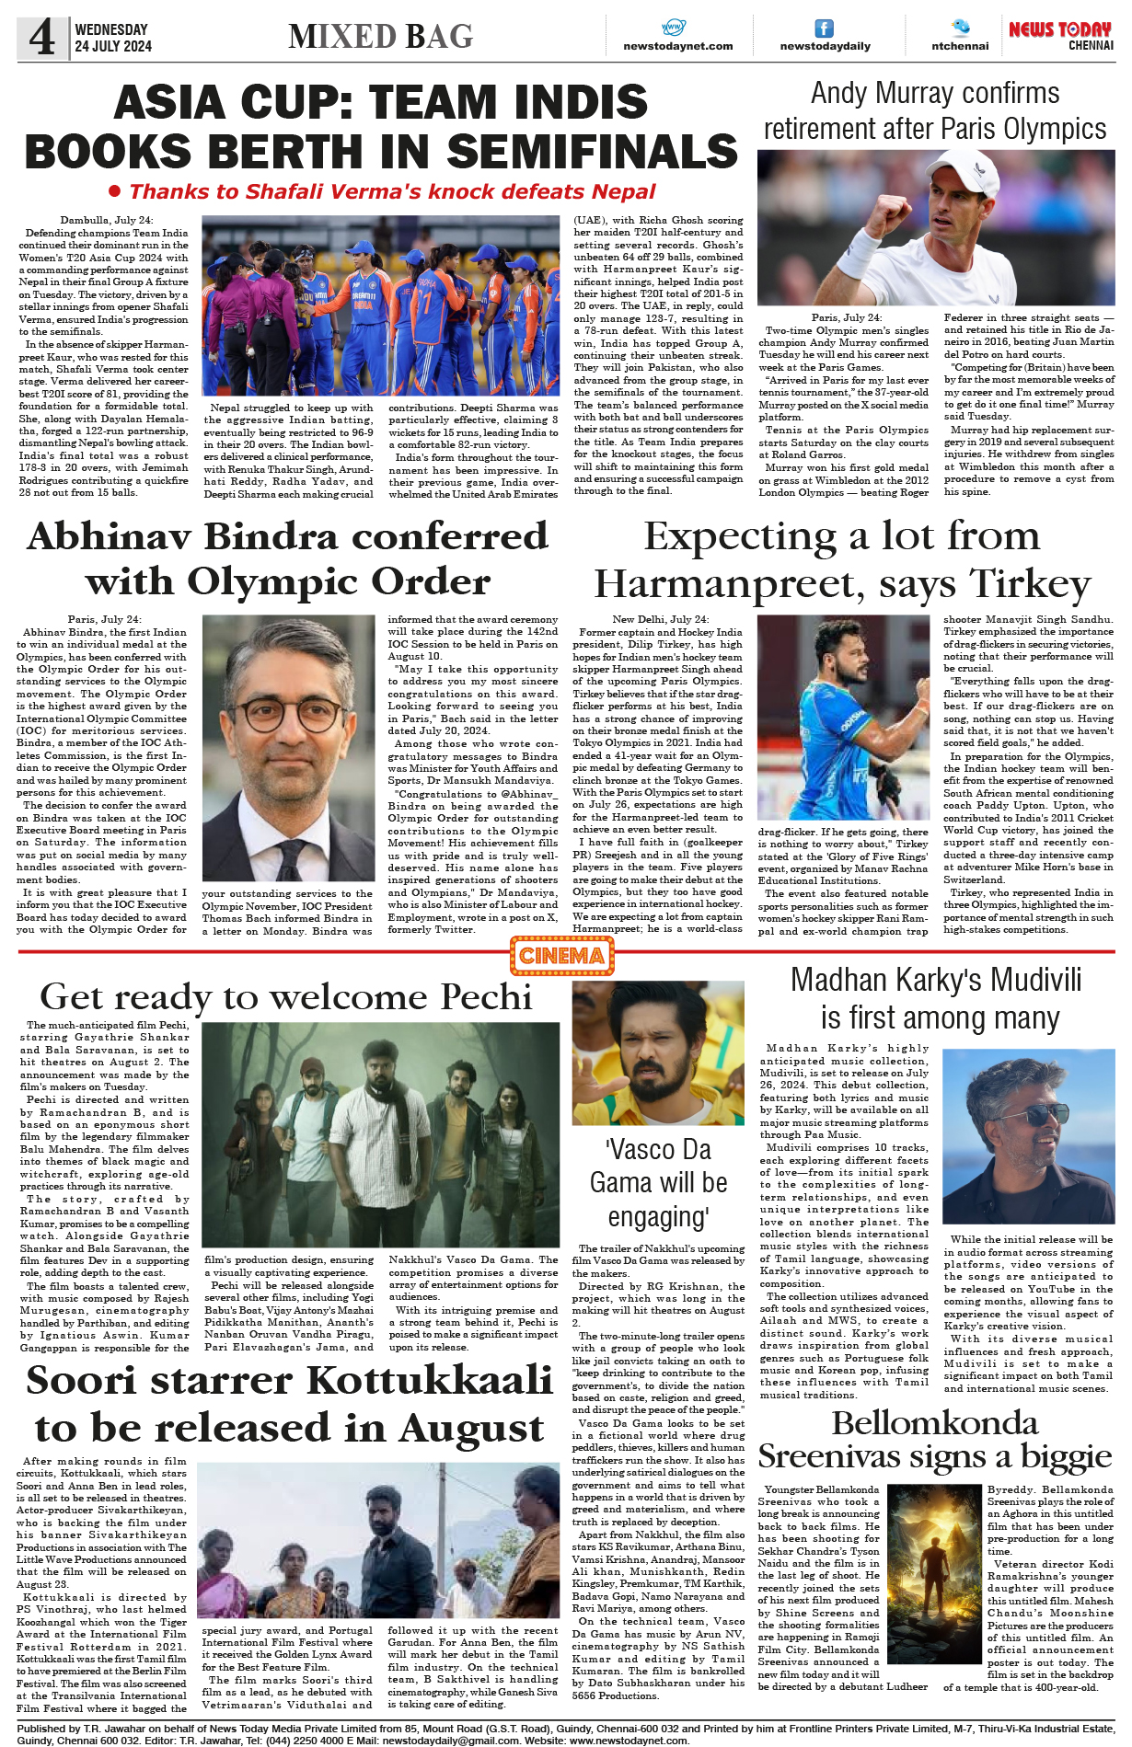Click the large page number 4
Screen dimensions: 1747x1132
[42, 37]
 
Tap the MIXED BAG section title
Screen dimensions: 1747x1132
[380, 36]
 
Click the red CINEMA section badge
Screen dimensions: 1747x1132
[561, 956]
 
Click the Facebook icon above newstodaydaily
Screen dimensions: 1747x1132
[825, 29]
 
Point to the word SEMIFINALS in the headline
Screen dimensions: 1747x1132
[593, 151]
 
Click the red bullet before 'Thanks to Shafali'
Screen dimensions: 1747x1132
[115, 191]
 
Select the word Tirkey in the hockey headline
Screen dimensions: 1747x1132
[1031, 583]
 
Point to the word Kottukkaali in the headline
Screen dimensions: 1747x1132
[429, 1380]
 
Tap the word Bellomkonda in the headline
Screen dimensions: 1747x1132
[934, 1423]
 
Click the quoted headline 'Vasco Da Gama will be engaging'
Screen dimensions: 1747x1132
[658, 1183]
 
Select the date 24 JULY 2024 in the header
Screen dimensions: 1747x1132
[113, 46]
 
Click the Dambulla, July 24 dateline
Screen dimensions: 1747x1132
[107, 220]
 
